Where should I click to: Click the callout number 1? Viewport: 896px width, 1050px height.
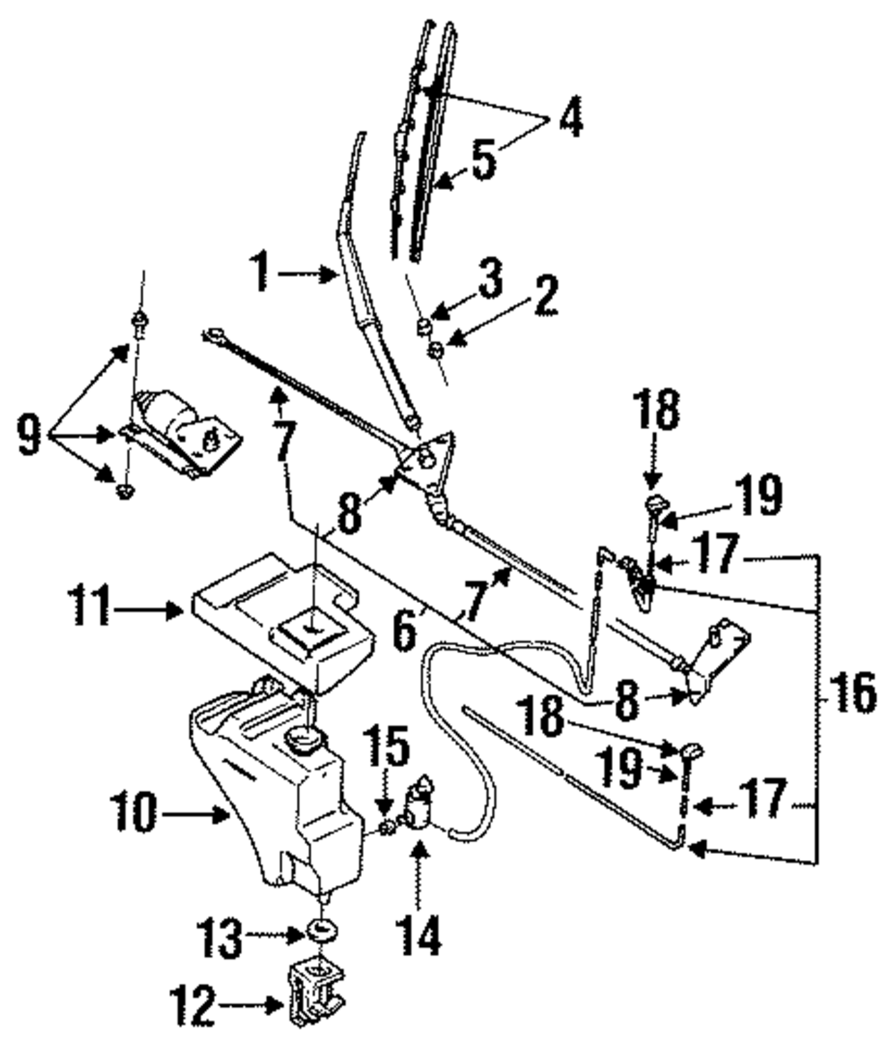[x=261, y=272]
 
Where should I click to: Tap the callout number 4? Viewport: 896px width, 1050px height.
[x=570, y=116]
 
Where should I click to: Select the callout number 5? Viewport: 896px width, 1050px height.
[x=484, y=160]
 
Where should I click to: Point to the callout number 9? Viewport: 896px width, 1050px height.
[x=28, y=435]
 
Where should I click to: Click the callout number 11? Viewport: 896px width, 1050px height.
[x=90, y=608]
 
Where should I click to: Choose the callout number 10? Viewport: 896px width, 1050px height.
[x=134, y=813]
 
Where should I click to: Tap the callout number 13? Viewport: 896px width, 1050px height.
[x=219, y=936]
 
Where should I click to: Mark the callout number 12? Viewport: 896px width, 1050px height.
[x=192, y=1004]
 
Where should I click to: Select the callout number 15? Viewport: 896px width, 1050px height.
[x=386, y=745]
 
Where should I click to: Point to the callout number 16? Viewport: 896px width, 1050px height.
[x=851, y=693]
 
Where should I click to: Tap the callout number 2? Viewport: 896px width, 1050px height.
[x=545, y=295]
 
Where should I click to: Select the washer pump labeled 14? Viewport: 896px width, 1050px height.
[x=420, y=804]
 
